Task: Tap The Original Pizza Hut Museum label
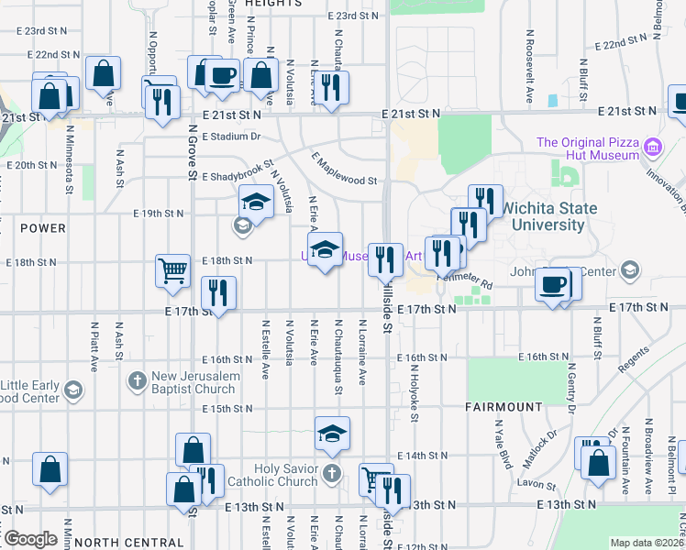point(587,148)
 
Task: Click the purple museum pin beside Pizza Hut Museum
point(653,147)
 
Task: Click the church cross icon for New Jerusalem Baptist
point(137,379)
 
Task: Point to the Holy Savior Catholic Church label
point(279,474)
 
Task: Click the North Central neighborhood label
point(129,543)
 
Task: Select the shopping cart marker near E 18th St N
point(172,271)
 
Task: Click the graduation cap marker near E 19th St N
point(257,203)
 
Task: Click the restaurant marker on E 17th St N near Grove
point(218,293)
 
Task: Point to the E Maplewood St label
point(345,169)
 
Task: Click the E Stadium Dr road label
point(232,137)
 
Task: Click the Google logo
point(30,539)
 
